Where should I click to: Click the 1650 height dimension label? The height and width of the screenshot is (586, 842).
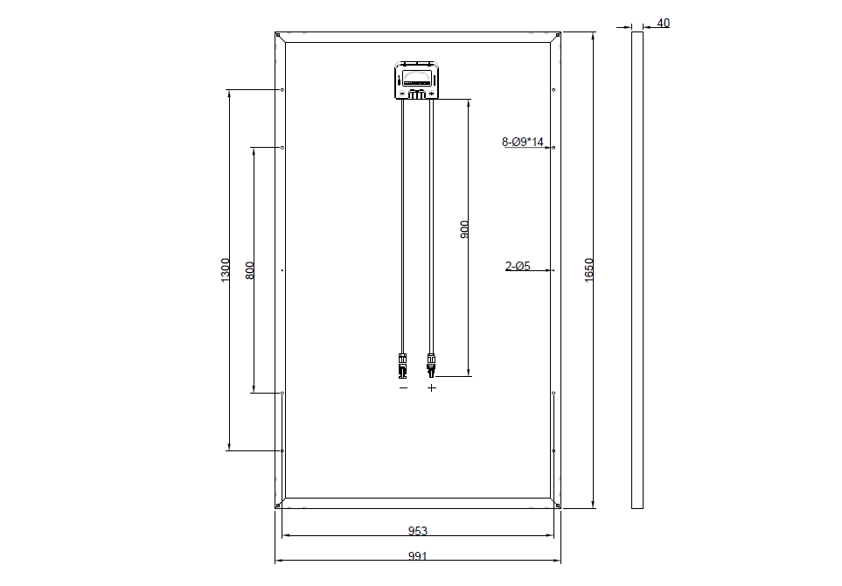(588, 269)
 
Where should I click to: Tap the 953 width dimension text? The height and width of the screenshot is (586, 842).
(418, 531)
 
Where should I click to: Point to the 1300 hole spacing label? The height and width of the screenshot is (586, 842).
(225, 269)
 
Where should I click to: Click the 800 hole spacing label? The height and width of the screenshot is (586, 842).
(250, 270)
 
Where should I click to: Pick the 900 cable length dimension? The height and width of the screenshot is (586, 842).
(464, 229)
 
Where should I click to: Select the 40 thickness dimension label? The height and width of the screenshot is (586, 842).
(663, 23)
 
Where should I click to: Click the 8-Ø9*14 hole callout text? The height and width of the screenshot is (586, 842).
(523, 142)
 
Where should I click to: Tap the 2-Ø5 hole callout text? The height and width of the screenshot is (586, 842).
(518, 266)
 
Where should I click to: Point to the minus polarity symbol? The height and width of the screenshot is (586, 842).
(403, 387)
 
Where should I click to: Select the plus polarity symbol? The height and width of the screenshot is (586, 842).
(431, 387)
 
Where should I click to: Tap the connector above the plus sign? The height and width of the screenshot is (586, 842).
(430, 362)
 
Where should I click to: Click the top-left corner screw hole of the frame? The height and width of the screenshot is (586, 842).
(278, 36)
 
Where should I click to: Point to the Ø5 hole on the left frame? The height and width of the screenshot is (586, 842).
(282, 271)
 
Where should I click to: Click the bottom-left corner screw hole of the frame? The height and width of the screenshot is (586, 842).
(278, 504)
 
